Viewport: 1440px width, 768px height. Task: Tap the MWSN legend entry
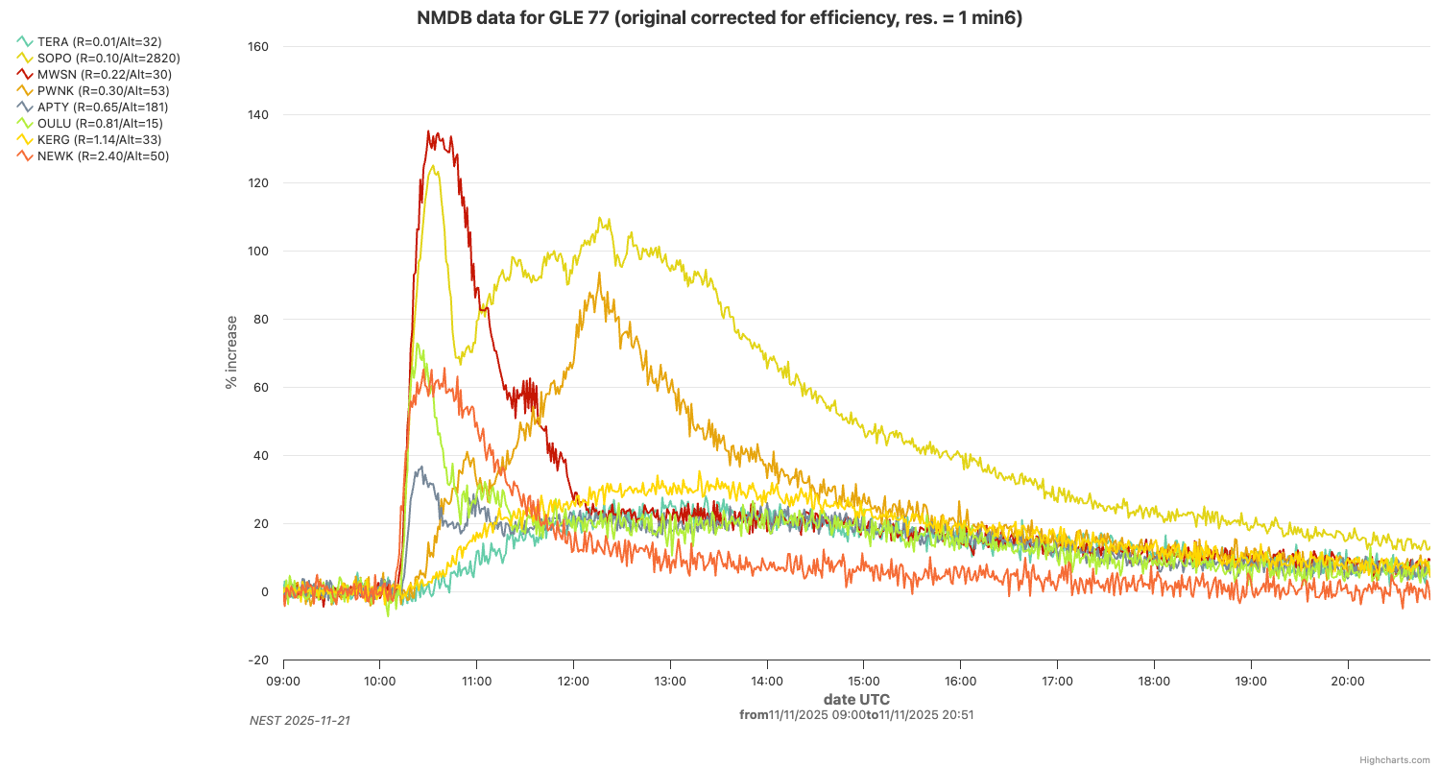click(105, 74)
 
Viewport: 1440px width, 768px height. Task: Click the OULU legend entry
click(100, 123)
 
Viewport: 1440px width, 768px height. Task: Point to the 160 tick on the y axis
click(258, 47)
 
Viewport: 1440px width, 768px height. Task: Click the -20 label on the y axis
click(258, 660)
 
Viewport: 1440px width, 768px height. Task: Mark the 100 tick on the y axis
click(258, 252)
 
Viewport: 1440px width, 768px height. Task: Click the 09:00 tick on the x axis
click(283, 681)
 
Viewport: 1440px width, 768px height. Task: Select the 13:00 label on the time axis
click(670, 681)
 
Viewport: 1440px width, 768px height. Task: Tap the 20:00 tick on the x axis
click(1348, 681)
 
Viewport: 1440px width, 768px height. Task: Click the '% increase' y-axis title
click(231, 351)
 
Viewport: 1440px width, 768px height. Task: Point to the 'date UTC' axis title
click(856, 699)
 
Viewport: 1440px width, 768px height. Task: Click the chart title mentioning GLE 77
click(719, 17)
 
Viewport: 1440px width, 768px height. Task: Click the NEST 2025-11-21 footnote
click(300, 720)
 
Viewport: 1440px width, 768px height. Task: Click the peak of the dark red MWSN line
click(438, 132)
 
